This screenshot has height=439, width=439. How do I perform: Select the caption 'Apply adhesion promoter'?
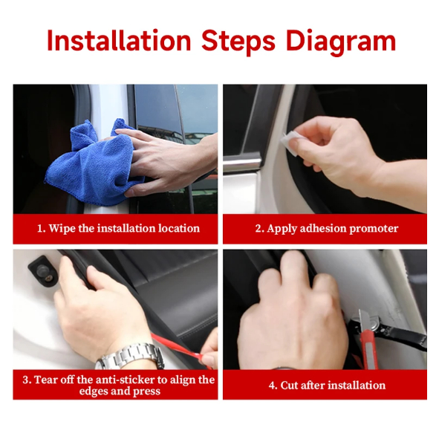(326, 229)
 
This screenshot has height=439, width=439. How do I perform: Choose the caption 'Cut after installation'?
(326, 386)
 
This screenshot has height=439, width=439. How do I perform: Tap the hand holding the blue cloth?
(160, 160)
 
